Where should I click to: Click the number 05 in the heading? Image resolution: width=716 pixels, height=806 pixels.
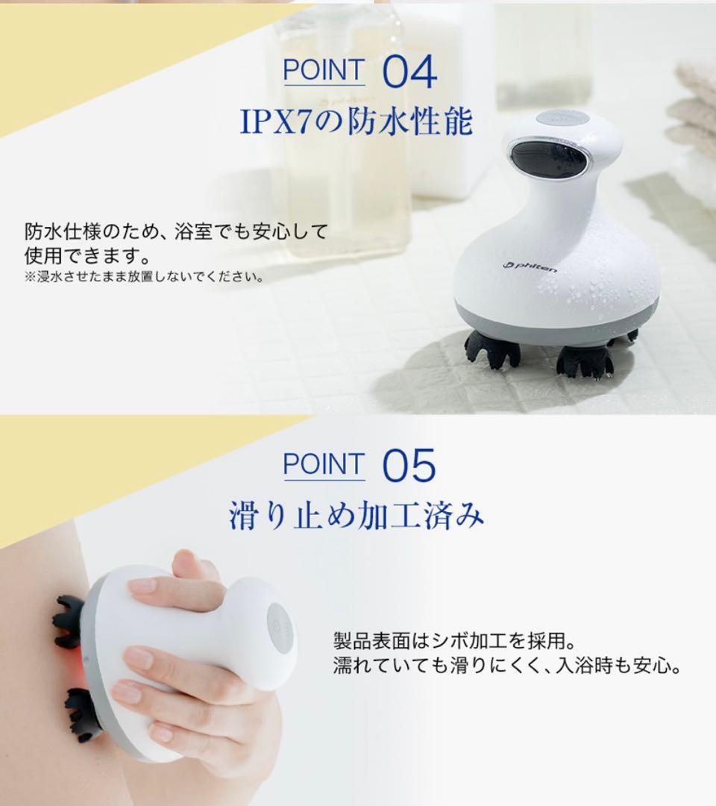[409, 466]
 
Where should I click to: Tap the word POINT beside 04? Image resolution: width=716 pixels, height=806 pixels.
[324, 70]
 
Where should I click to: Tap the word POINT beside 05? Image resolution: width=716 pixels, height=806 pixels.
[324, 465]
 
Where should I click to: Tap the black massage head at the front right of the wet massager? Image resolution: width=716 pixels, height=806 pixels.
[585, 361]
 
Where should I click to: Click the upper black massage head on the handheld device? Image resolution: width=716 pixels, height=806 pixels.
[69, 620]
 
